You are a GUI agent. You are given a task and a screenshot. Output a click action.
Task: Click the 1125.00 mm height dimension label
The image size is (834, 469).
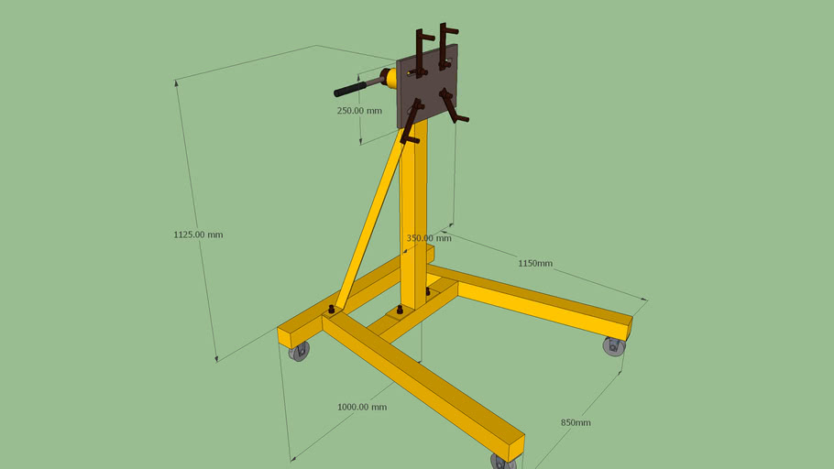coord(198,234)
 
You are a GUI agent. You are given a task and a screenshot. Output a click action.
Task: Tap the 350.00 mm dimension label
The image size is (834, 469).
coord(428,238)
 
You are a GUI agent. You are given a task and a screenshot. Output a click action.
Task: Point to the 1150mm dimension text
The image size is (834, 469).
coord(535,263)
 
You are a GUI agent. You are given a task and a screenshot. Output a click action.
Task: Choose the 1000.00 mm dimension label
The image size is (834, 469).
coord(362,407)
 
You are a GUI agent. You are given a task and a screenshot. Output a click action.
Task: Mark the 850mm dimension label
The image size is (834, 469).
coord(576,422)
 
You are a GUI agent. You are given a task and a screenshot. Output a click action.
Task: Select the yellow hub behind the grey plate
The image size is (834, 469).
coord(391,79)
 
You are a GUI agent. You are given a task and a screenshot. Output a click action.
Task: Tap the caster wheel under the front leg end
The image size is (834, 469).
coord(503,461)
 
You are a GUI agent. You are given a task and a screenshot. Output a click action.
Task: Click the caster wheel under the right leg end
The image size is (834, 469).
coord(613,346)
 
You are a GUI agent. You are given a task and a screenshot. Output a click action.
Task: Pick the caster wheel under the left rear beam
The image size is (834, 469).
coord(299,351)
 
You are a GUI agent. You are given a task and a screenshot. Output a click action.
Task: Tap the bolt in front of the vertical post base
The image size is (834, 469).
coord(399,311)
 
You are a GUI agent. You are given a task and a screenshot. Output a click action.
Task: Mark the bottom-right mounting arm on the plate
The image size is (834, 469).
coord(453,105)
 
